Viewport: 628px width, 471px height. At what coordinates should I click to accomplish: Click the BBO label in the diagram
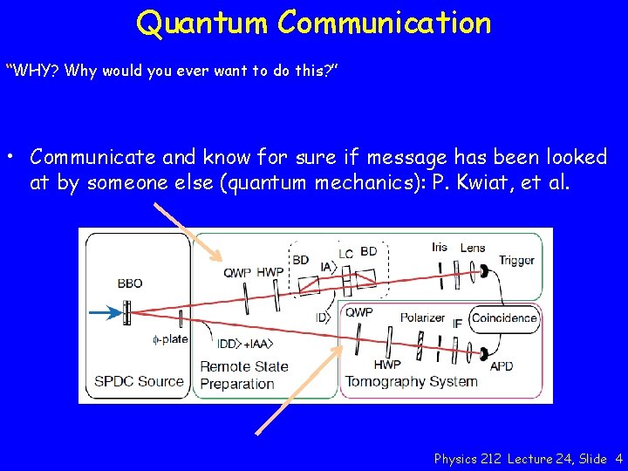(129, 283)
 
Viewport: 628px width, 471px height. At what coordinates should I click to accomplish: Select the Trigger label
(516, 260)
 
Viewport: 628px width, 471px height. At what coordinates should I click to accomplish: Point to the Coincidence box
(504, 318)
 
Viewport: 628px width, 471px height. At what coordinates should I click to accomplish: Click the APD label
(502, 366)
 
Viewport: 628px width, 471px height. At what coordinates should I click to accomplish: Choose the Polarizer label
(422, 317)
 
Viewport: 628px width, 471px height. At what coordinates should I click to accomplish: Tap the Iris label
(440, 247)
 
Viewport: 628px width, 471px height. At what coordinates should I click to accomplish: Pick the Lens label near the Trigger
(472, 247)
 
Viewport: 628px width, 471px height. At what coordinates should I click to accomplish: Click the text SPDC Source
(139, 381)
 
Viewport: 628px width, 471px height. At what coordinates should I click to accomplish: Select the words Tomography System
(411, 381)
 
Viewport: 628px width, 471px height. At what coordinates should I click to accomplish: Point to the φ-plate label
(170, 339)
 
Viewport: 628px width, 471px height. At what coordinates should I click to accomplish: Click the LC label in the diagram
(345, 254)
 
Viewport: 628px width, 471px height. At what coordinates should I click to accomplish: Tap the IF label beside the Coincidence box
(457, 324)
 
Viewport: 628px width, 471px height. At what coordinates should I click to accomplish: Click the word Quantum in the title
(202, 23)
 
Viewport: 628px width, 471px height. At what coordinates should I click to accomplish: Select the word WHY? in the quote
(34, 71)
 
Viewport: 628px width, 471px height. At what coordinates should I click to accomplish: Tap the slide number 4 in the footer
(618, 458)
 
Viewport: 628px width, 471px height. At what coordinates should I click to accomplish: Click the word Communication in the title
(385, 23)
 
